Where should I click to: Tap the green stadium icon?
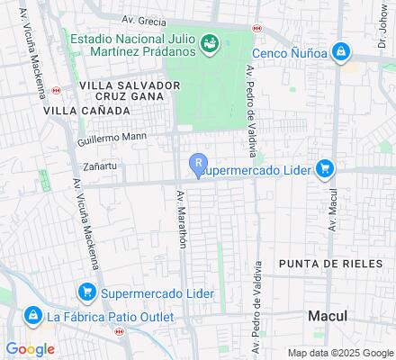(x=209, y=41)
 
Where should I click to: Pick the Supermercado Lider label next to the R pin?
(x=255, y=168)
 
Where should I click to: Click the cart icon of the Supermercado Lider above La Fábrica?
(x=87, y=292)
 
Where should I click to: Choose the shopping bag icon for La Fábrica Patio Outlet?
(x=32, y=316)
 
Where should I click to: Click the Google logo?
(x=30, y=348)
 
